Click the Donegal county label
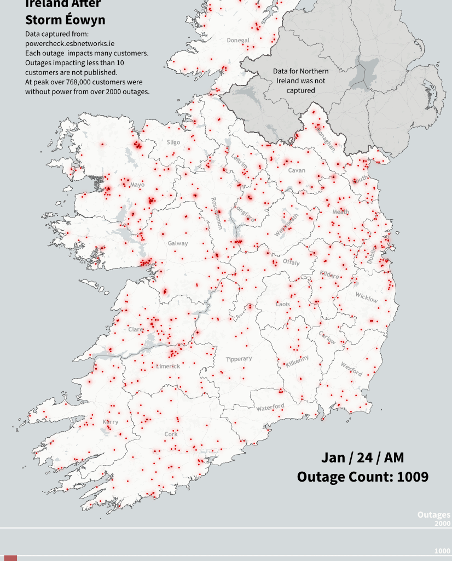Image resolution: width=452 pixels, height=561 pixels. coord(238,41)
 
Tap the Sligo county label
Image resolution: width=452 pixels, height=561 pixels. coord(173,142)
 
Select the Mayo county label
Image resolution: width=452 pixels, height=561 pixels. coord(137,185)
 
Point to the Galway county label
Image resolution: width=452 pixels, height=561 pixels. coord(178,243)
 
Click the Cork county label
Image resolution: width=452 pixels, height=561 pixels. coord(171,434)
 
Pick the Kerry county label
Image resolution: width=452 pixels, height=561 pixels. coord(110,422)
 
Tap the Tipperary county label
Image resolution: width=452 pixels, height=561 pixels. coord(239,359)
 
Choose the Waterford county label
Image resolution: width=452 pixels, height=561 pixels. coord(270,407)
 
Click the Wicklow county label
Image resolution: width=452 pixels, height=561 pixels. coord(366,297)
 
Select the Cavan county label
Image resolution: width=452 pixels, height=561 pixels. coord(297,170)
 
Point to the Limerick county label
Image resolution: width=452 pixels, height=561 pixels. coord(168,366)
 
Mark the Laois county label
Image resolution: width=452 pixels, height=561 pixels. coord(283,304)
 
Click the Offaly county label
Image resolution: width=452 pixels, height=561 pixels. coord(291,262)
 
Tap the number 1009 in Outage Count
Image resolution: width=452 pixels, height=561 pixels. coord(413,477)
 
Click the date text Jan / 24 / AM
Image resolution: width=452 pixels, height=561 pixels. coord(363,457)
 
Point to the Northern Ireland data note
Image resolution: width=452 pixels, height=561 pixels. coord(301,81)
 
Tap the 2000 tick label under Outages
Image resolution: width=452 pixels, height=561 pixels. coord(442,524)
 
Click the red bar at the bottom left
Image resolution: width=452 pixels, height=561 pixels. coord(10,558)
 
